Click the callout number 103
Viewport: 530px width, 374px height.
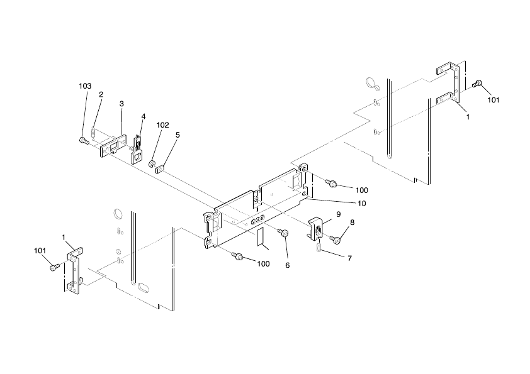[x=85, y=85]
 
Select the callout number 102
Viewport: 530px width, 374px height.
[x=162, y=125]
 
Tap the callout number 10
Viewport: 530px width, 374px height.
[x=362, y=203]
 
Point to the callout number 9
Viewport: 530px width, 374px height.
[x=338, y=214]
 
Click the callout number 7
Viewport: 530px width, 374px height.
[x=349, y=258]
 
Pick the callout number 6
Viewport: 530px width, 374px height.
[x=287, y=265]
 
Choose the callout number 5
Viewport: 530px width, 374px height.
[x=178, y=135]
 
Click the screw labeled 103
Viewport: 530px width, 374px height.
[x=83, y=140]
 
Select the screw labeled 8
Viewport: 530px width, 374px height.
[x=336, y=239]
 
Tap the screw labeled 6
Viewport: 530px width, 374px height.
[x=284, y=234]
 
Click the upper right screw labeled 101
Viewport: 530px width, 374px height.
[x=478, y=83]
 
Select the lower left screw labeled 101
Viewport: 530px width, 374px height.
[x=54, y=267]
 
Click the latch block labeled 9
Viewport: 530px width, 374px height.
[x=318, y=227]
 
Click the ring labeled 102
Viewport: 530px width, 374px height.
[x=152, y=165]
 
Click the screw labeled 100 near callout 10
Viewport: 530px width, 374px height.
[x=332, y=184]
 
